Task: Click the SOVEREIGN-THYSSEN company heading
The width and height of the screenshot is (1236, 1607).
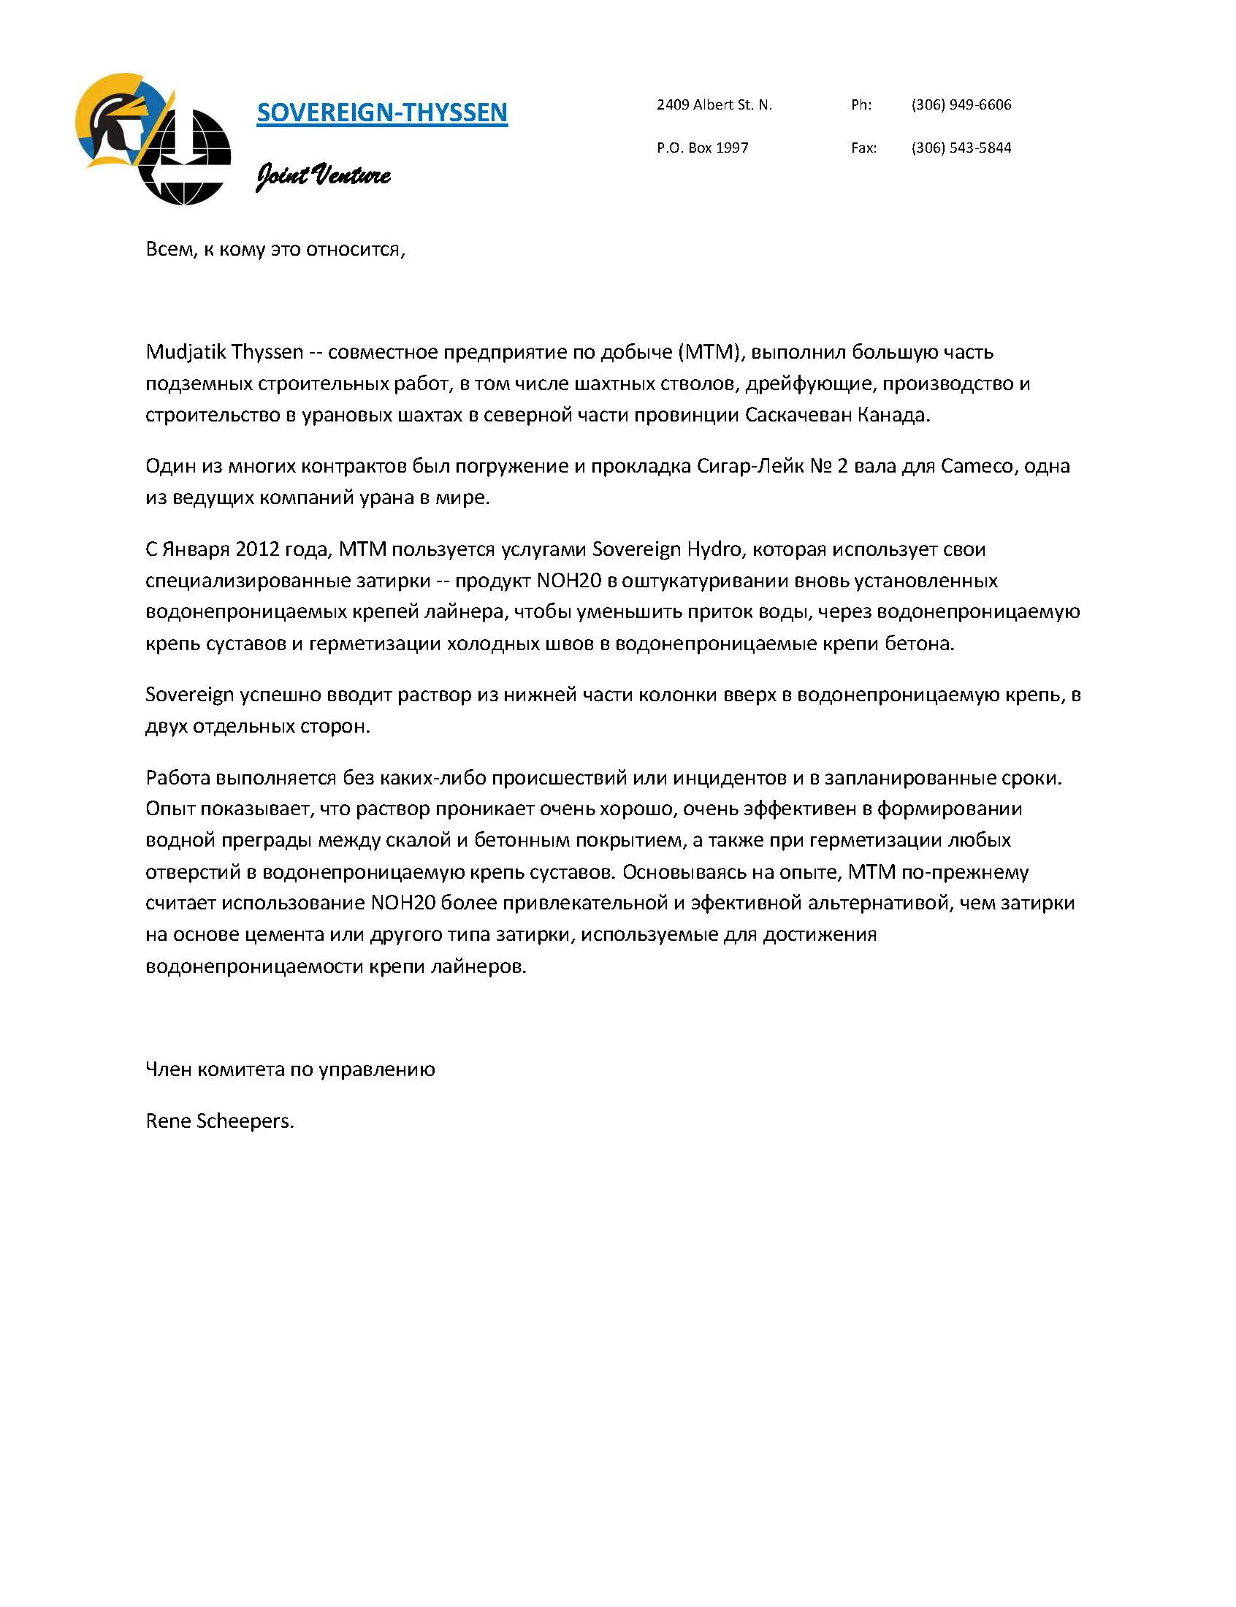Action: (x=382, y=112)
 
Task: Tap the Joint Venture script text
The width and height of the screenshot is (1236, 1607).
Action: (x=322, y=175)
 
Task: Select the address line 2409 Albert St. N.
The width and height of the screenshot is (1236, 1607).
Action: (x=714, y=105)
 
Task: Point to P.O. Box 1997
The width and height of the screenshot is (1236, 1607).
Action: (x=702, y=148)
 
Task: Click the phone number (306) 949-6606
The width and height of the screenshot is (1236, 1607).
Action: (x=961, y=105)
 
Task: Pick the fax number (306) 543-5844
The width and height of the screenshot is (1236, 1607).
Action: (x=961, y=148)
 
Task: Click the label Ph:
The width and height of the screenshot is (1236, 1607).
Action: (x=861, y=105)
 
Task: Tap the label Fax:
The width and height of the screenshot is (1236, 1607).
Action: (x=863, y=148)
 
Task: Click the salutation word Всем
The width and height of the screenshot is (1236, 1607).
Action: (x=169, y=250)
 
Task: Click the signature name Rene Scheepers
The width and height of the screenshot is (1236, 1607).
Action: (x=219, y=1121)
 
